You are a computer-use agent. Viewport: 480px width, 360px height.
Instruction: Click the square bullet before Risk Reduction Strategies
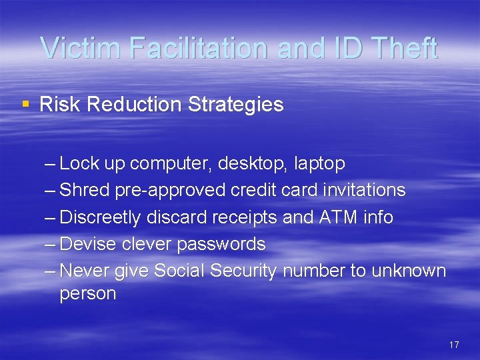[25, 104]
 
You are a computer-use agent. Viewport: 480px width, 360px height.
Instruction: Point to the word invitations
[364, 190]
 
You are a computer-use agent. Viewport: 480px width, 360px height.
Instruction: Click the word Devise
[88, 244]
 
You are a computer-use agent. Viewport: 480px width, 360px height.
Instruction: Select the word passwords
[221, 244]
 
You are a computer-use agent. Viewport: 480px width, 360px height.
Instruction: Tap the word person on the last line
[87, 294]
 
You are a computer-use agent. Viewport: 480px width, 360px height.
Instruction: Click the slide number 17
[454, 345]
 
